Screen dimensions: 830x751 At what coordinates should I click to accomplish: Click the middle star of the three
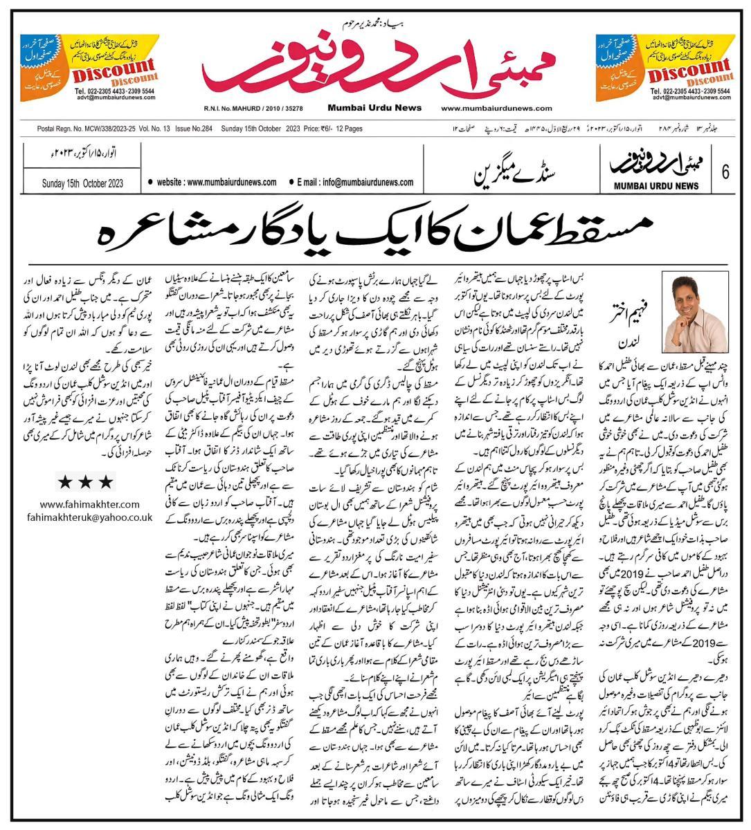(84, 481)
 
